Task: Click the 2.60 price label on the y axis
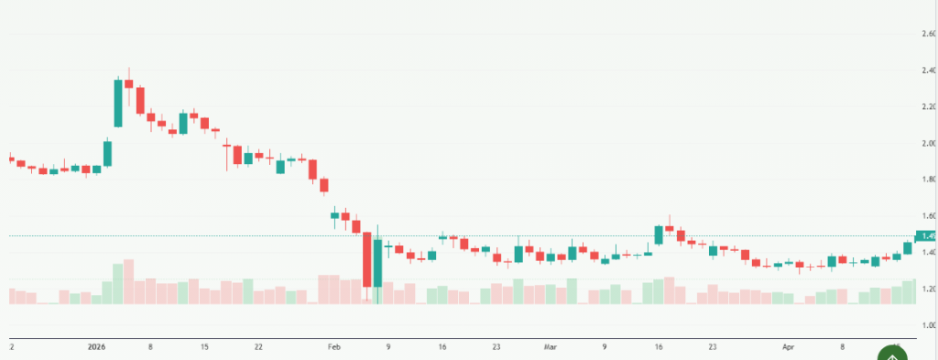pyautogui.click(x=929, y=34)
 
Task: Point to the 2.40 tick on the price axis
pyautogui.click(x=929, y=71)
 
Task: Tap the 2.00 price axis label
pyautogui.click(x=929, y=144)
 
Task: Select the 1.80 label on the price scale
pyautogui.click(x=929, y=180)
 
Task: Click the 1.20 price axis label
pyautogui.click(x=929, y=289)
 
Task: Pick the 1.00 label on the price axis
pyautogui.click(x=929, y=325)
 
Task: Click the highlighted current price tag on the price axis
pyautogui.click(x=927, y=236)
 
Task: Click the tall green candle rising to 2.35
pyautogui.click(x=118, y=103)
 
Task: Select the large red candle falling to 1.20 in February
pyautogui.click(x=366, y=260)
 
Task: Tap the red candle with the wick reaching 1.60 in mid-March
pyautogui.click(x=670, y=228)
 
